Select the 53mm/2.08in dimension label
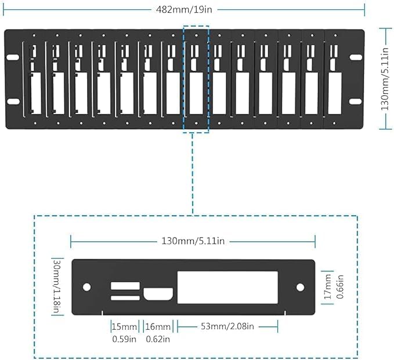pos(227,326)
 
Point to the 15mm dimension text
pos(124,326)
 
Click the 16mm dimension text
pos(158,326)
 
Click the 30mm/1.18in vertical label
pos(56,287)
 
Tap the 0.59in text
pos(124,339)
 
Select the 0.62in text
pos(158,339)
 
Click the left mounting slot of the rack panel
pos(12,57)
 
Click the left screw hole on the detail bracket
pos(86,287)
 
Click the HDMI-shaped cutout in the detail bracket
pos(157,293)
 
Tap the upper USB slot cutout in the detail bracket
pos(125,285)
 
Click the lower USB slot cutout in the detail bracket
pos(125,298)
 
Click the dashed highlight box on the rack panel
pos(196,78)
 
